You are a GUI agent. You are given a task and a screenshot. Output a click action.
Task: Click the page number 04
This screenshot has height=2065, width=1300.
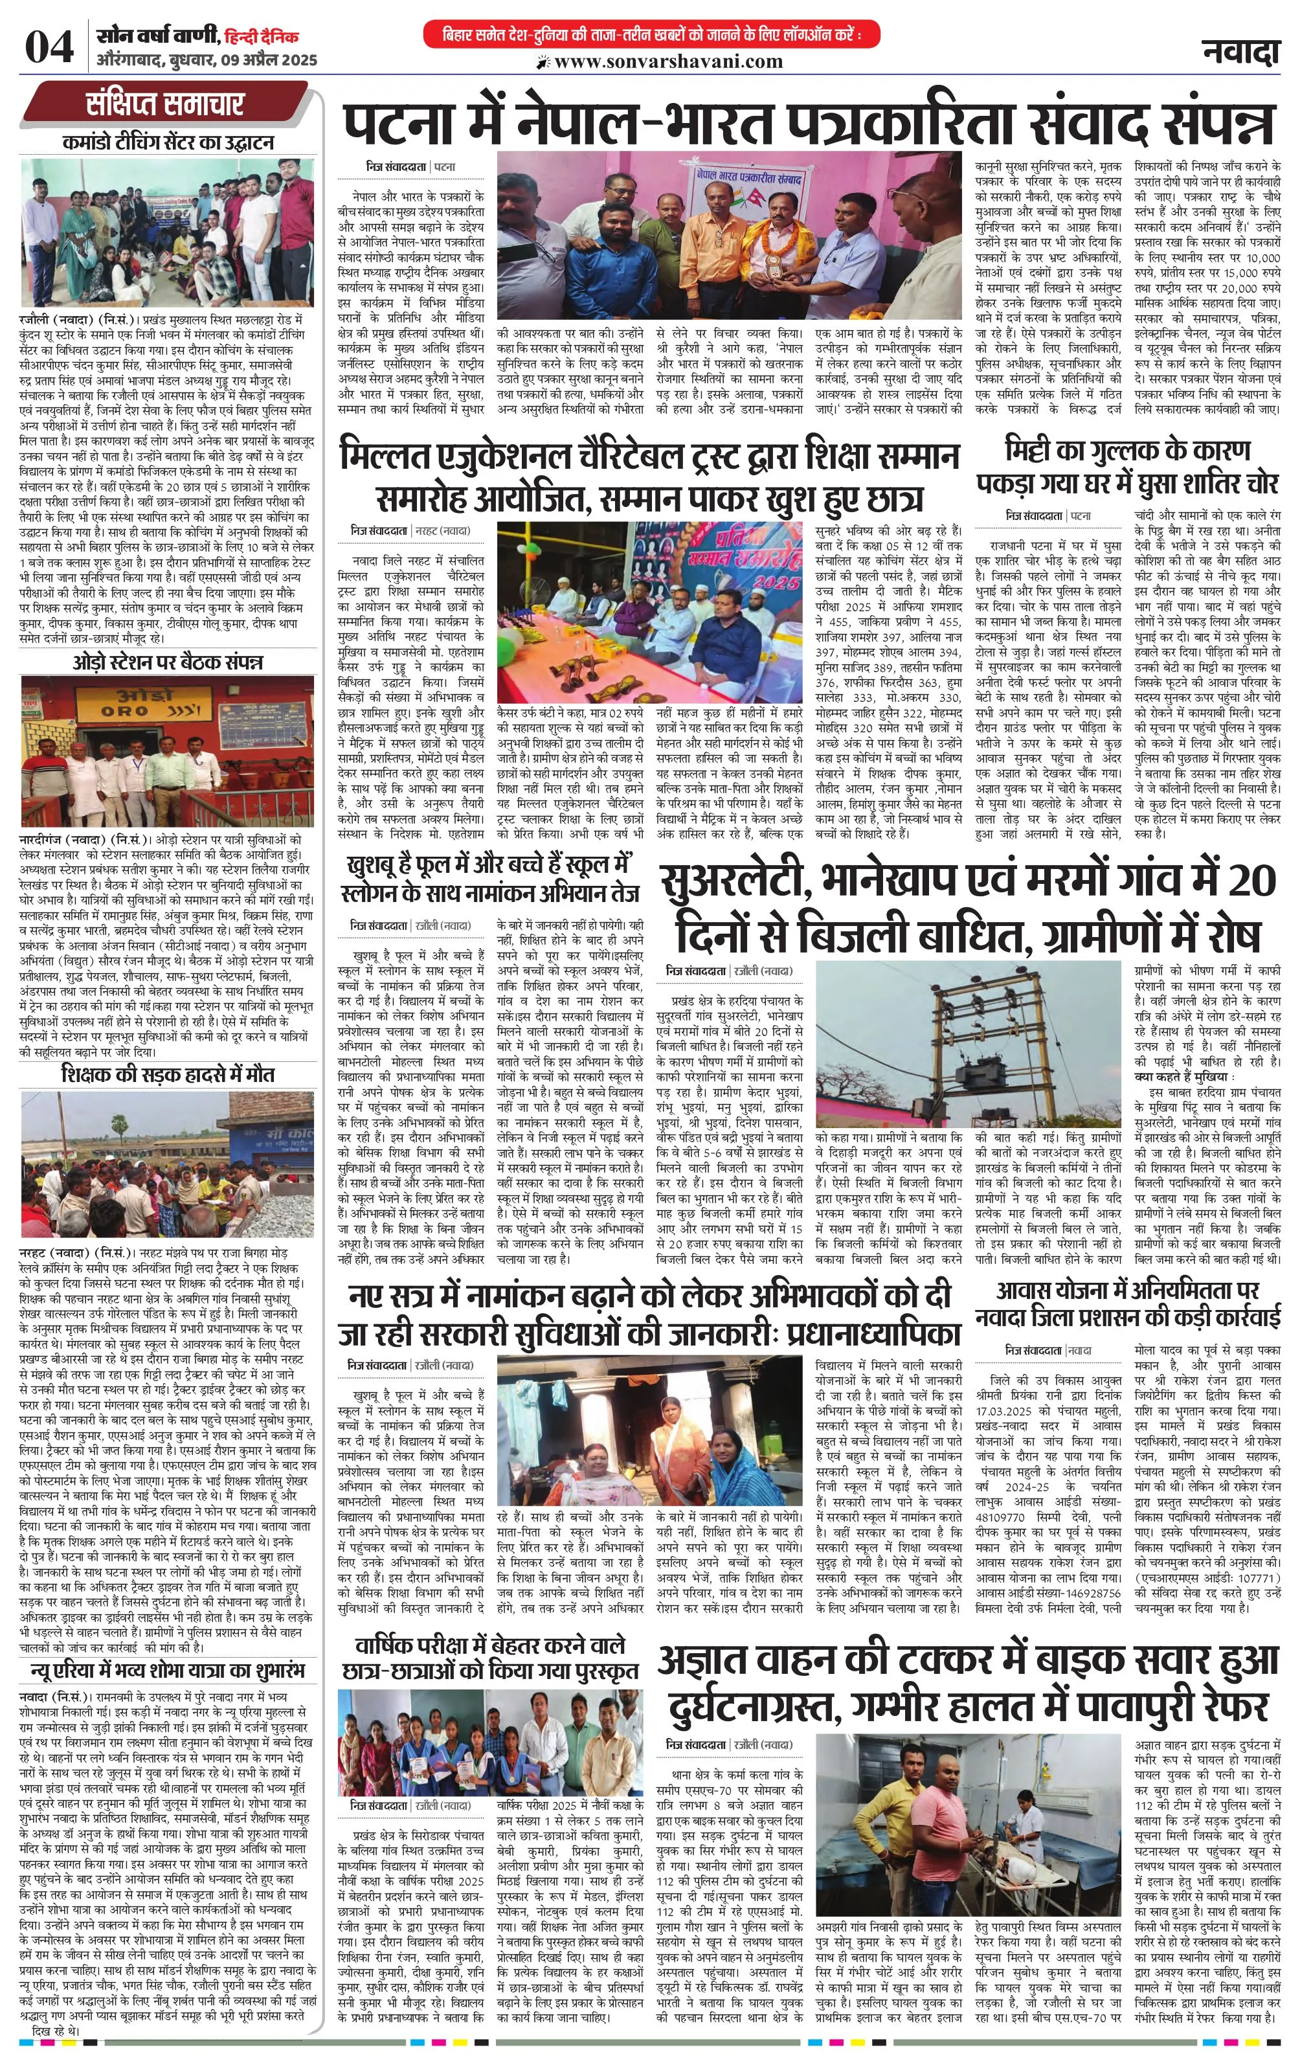coord(49,48)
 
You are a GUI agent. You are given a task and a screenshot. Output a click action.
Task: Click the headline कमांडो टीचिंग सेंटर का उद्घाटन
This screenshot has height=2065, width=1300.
coord(168,142)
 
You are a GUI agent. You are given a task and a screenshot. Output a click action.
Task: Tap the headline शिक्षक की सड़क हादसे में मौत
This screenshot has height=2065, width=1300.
coord(168,1074)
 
